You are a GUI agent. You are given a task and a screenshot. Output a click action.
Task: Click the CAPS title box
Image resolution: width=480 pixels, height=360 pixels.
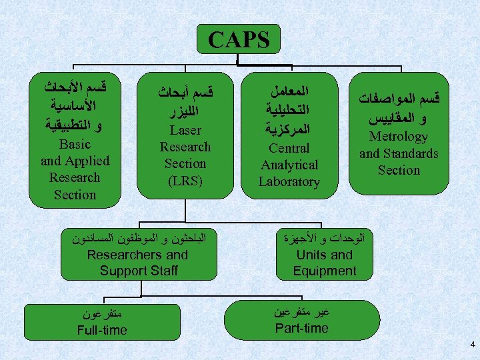(x=239, y=39)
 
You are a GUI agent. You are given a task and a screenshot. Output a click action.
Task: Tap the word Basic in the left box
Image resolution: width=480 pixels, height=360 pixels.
(x=75, y=144)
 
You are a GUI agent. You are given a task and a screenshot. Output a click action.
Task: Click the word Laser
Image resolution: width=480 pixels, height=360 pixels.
(x=185, y=130)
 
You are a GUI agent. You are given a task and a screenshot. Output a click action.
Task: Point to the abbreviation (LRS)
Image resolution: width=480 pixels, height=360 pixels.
(x=185, y=180)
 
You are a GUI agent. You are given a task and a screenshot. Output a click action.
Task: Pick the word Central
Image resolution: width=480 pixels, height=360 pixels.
(x=289, y=148)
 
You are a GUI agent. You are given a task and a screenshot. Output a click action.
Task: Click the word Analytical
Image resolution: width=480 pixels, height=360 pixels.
(x=289, y=165)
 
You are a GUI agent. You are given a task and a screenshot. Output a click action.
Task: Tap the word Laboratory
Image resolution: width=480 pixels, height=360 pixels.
(x=289, y=181)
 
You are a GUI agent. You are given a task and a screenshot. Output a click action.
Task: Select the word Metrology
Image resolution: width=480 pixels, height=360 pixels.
(x=399, y=137)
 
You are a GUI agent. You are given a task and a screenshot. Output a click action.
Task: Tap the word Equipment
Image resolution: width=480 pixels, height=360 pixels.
(x=325, y=271)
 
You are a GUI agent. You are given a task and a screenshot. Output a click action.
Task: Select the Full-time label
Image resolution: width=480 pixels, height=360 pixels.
(x=102, y=330)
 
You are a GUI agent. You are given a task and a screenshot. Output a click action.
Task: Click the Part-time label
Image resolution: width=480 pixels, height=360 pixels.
(x=302, y=328)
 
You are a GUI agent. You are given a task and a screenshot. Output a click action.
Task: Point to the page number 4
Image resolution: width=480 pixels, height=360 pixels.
(x=472, y=345)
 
